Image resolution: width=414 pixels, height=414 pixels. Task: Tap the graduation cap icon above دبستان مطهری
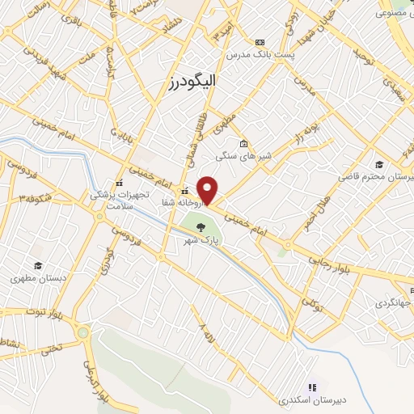(x=37, y=265)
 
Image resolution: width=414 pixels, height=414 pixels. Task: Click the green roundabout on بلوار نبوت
(x=83, y=332)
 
